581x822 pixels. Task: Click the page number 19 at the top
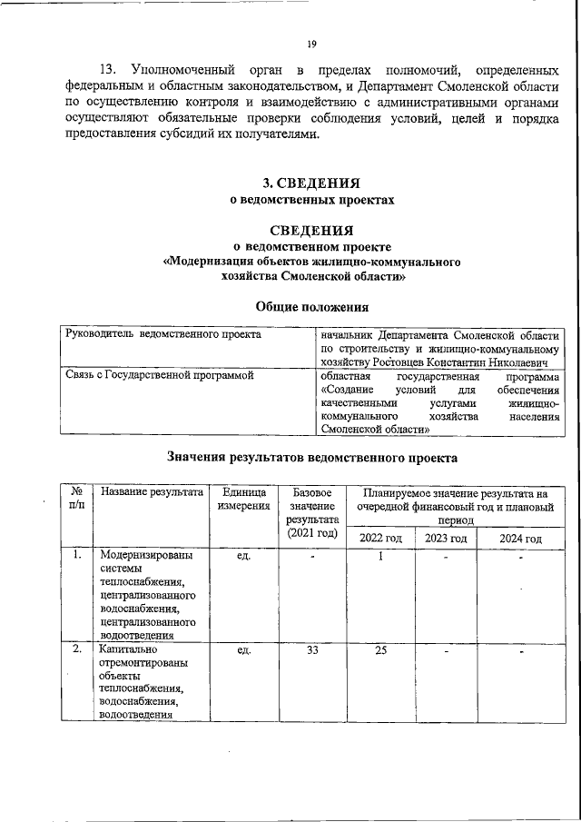click(310, 44)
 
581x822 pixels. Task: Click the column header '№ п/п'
click(77, 498)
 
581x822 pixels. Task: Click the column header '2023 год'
click(446, 539)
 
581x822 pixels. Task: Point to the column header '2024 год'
click(520, 539)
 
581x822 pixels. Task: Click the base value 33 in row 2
click(311, 650)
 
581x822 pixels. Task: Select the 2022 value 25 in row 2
click(381, 650)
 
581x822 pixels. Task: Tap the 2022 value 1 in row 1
click(381, 556)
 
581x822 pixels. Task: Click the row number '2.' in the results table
click(77, 650)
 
